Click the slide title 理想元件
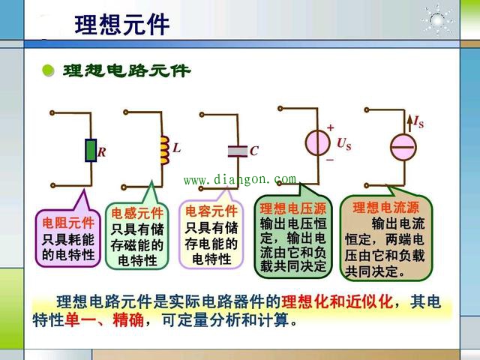[x=122, y=25]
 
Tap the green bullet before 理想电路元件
[x=48, y=70]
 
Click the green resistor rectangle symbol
[x=91, y=150]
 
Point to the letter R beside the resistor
[x=102, y=152]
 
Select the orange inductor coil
[x=165, y=151]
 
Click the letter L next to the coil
[x=177, y=148]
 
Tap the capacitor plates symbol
[x=238, y=151]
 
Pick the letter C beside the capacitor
[x=254, y=151]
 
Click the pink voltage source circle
[x=318, y=142]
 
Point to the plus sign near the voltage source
[x=331, y=127]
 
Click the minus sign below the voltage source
[x=330, y=160]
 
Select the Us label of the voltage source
[x=344, y=144]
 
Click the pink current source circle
[x=403, y=147]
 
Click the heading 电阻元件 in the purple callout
[x=68, y=223]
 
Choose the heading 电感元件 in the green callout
[x=137, y=213]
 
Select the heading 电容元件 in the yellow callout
[x=211, y=211]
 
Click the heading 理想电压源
[x=293, y=208]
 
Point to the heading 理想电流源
[x=385, y=208]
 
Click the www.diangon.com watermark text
[x=240, y=179]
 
